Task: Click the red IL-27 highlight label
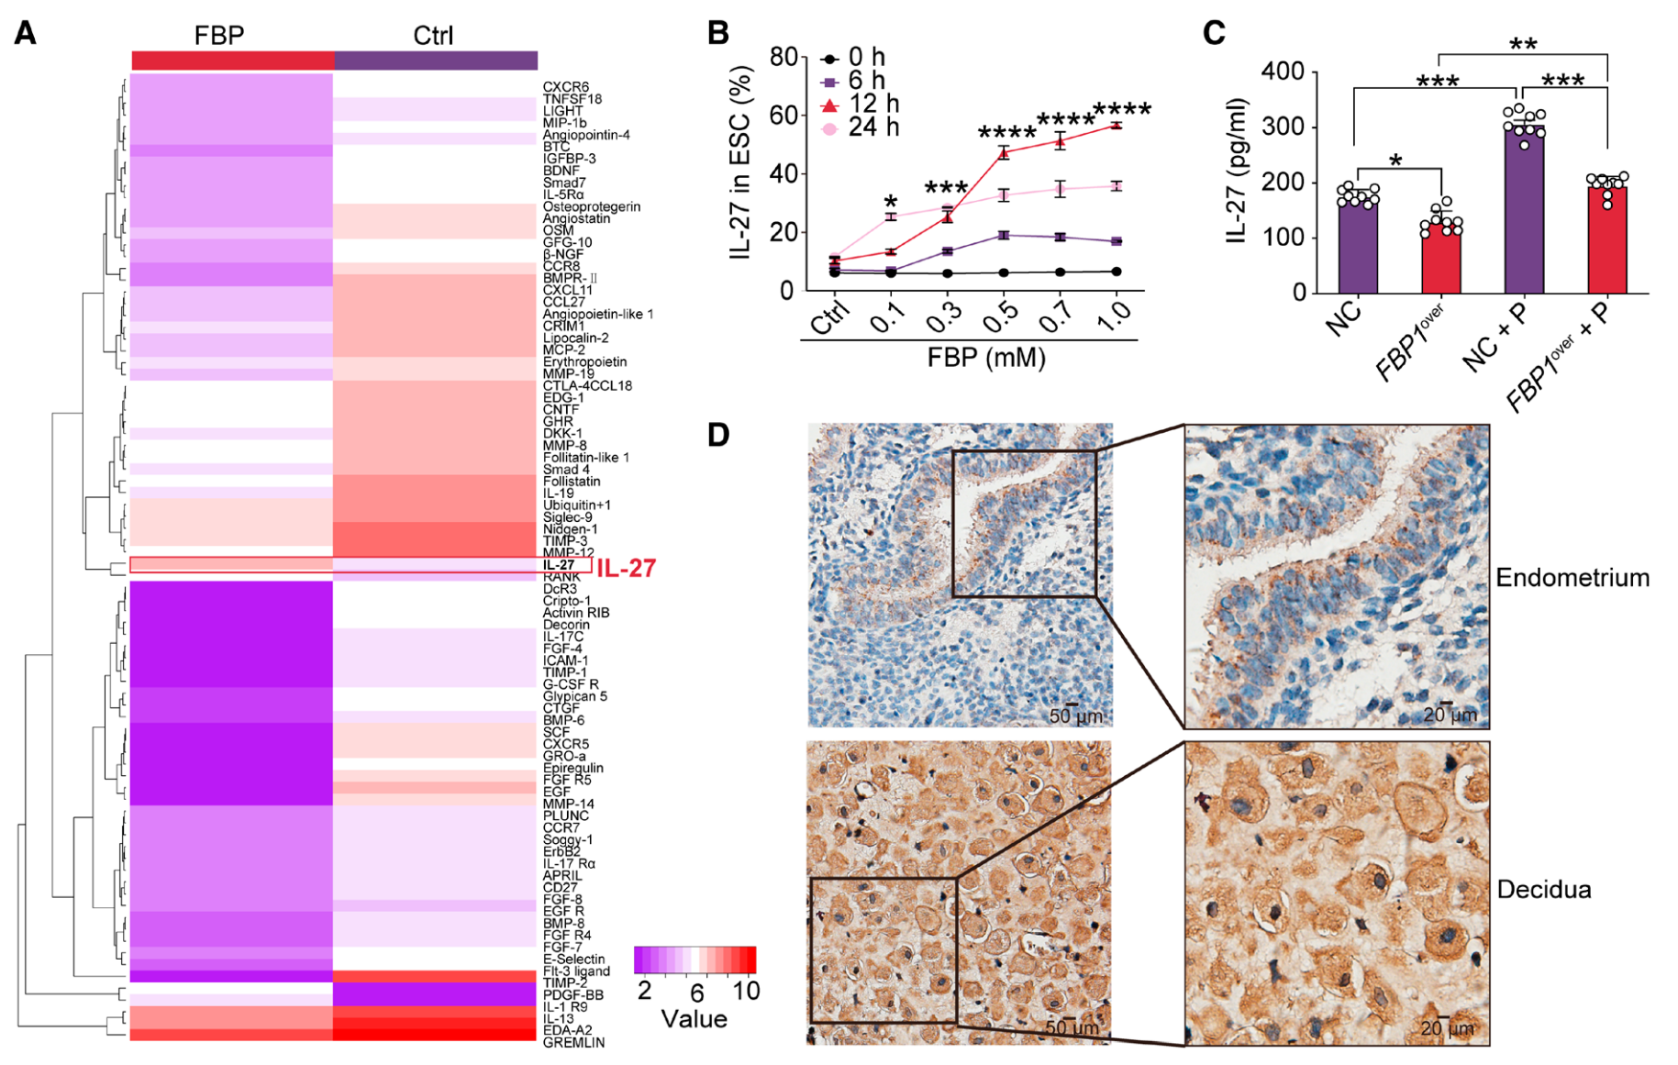coord(627,569)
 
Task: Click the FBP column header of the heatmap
coord(219,35)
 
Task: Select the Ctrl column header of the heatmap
coord(433,35)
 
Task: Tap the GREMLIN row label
coord(573,1043)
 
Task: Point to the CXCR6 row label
coord(566,87)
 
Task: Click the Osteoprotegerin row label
coord(591,206)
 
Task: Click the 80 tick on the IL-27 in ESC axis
coord(783,57)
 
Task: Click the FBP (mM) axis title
coord(986,357)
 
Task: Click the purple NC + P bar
coord(1524,211)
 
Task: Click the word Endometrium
coord(1572,578)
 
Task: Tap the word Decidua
coord(1543,890)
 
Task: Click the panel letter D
coord(718,434)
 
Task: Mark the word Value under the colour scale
coord(694,1019)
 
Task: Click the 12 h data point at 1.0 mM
coord(1116,125)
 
